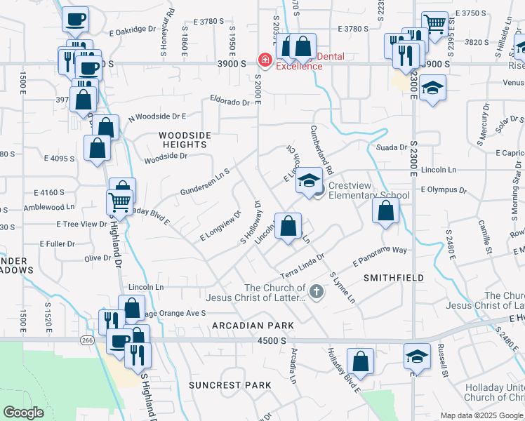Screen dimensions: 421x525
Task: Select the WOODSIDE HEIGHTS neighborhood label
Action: click(x=183, y=139)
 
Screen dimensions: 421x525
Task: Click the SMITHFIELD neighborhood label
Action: click(x=394, y=278)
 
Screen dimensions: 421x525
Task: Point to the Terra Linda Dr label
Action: click(x=303, y=266)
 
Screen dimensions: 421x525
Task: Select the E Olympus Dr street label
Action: click(x=444, y=189)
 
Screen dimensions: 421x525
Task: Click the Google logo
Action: click(x=23, y=413)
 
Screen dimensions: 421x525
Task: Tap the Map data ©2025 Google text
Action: click(x=481, y=415)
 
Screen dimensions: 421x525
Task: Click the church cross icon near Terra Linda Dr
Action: click(x=317, y=291)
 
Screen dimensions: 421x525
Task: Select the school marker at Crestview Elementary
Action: click(x=308, y=180)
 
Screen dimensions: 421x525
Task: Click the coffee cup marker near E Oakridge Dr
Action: click(x=76, y=20)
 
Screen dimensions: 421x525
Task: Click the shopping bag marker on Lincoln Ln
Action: click(x=288, y=227)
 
